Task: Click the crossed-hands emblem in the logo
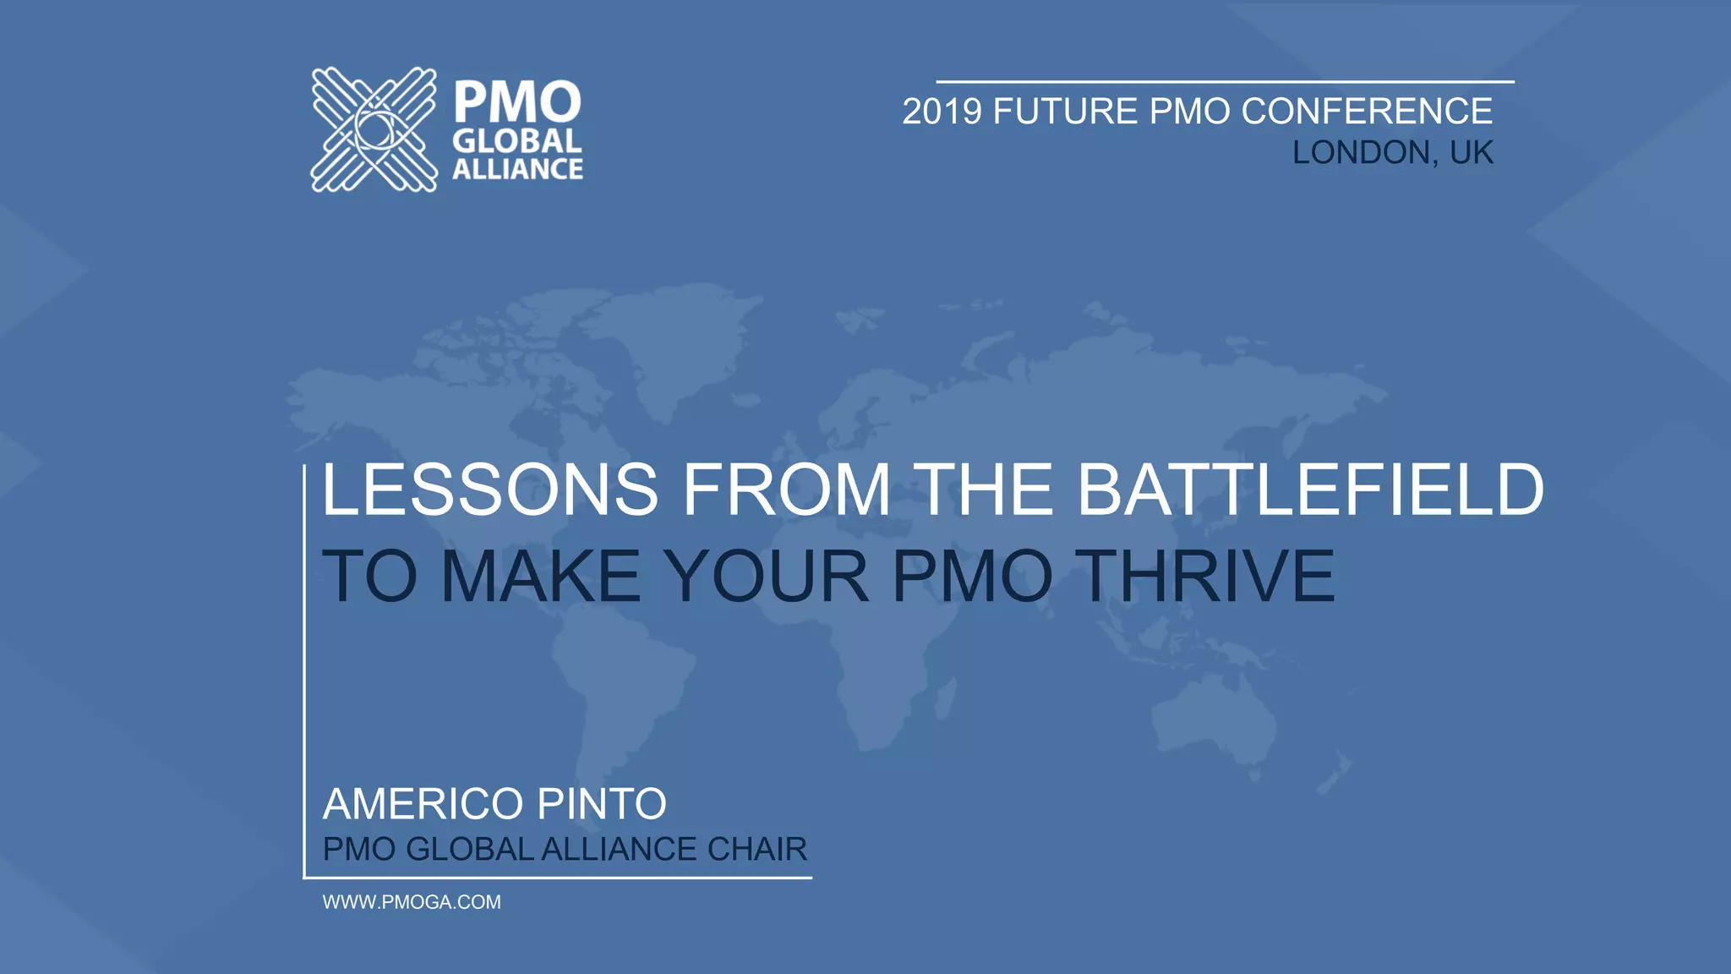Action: [x=374, y=129]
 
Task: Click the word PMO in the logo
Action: [x=517, y=103]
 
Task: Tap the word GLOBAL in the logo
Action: [x=517, y=141]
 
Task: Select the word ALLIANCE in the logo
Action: [x=517, y=169]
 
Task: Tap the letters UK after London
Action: [x=1472, y=153]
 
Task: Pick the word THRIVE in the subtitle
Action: [x=1209, y=577]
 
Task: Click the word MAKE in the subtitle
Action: [x=541, y=577]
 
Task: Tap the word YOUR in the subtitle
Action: [x=765, y=577]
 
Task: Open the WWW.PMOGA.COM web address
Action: [x=412, y=902]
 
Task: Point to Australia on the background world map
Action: [x=1213, y=719]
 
